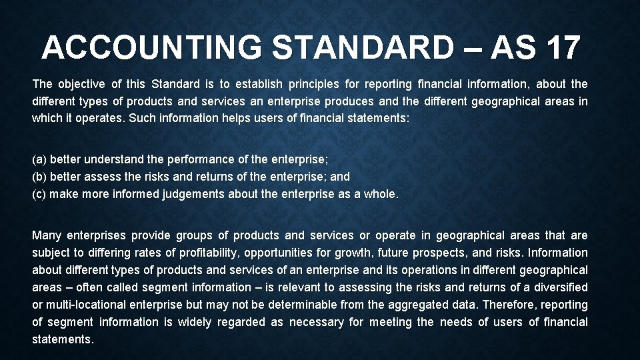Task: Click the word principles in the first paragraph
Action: coord(313,84)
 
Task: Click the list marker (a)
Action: coord(39,160)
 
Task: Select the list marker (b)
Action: coord(39,177)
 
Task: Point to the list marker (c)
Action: coord(39,195)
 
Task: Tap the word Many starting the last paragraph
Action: coord(47,235)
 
